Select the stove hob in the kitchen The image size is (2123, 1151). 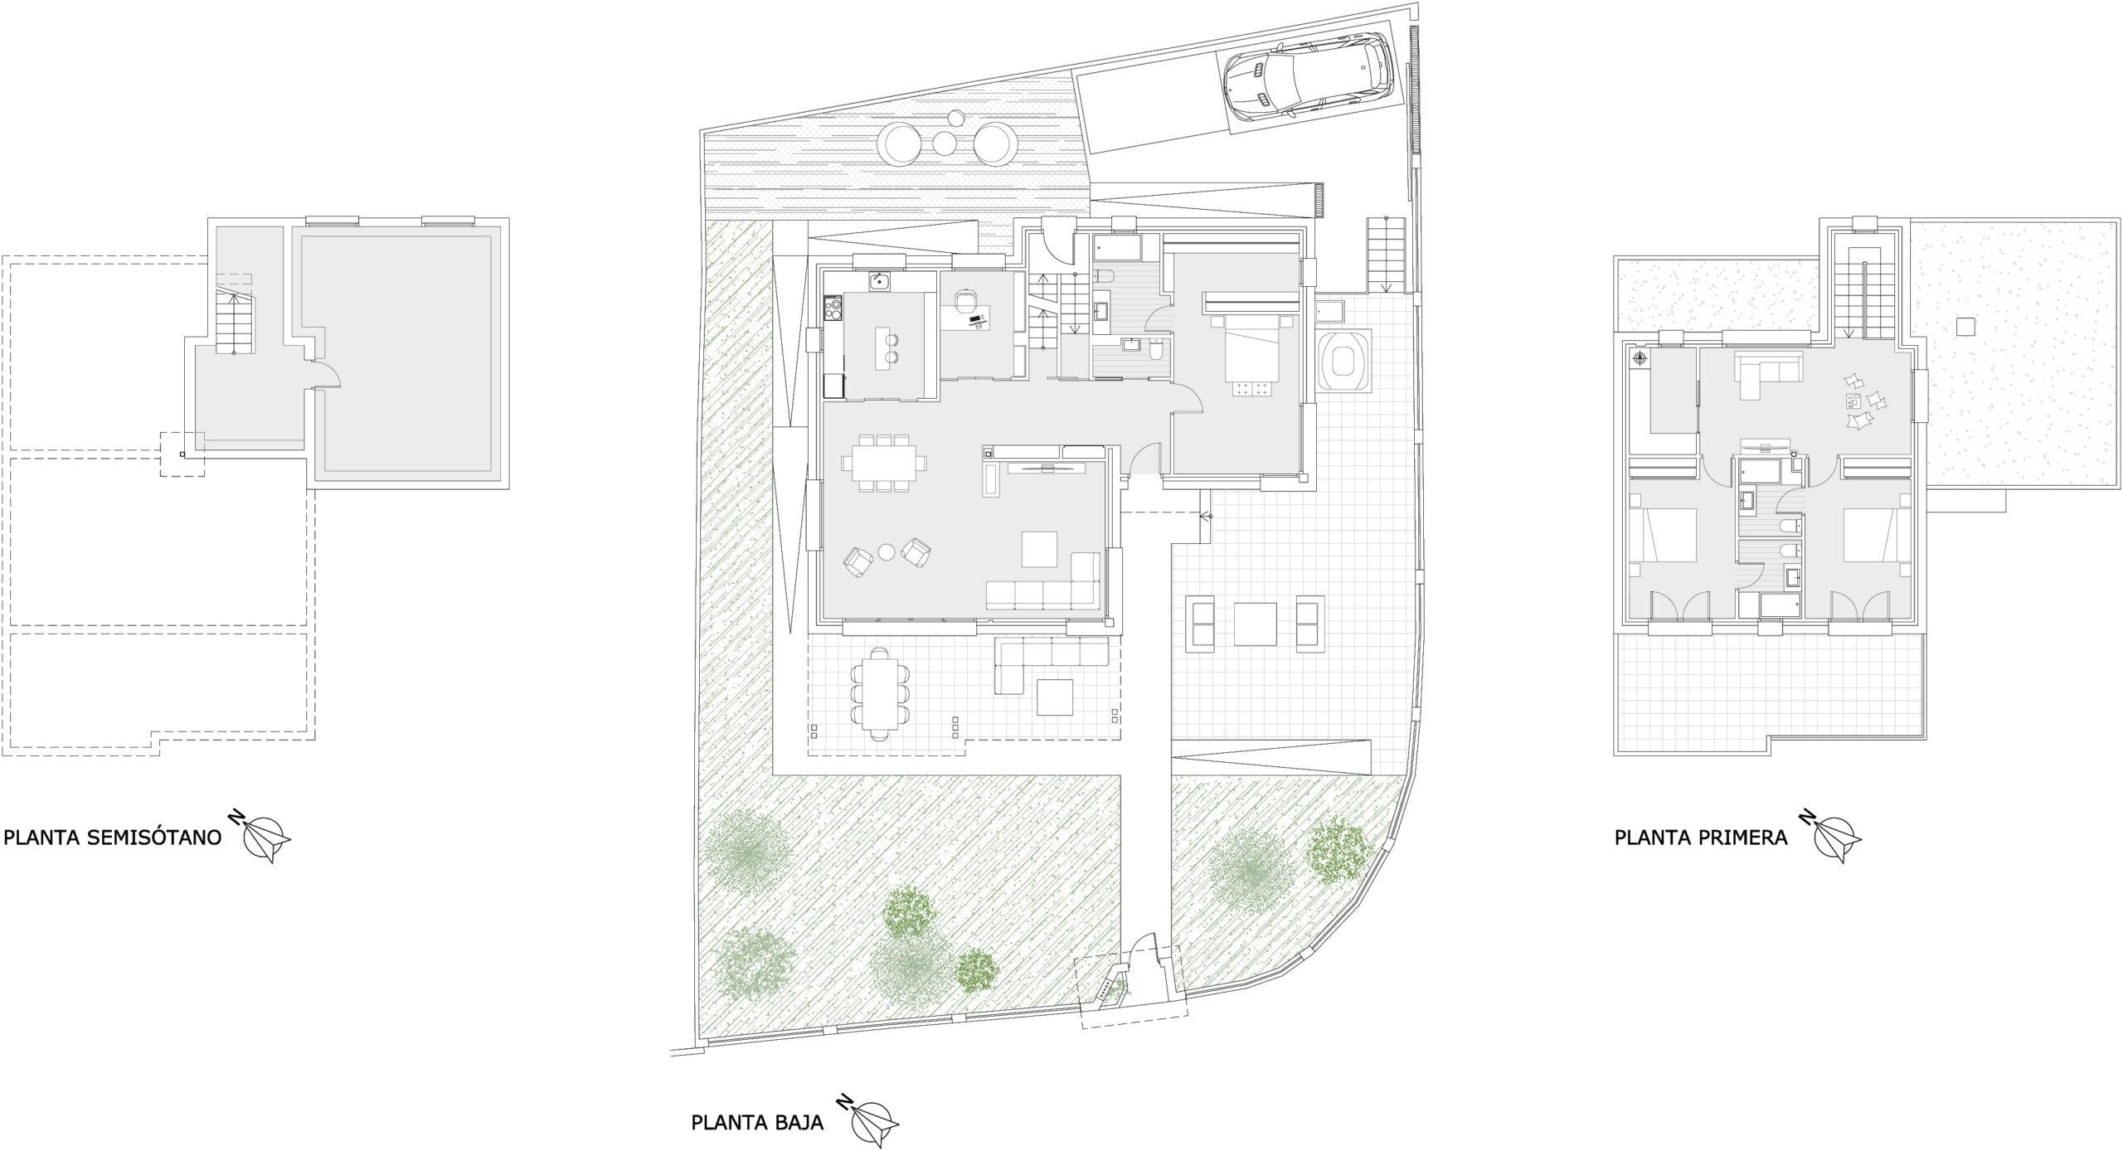click(x=833, y=310)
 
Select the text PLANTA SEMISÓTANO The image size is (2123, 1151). click(x=113, y=838)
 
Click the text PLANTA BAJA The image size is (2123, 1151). click(x=757, y=1123)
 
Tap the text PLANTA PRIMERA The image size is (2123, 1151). click(x=1700, y=838)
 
